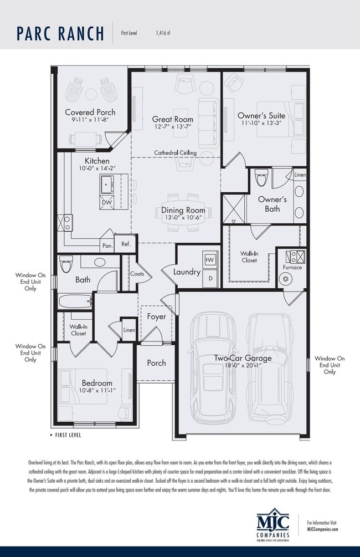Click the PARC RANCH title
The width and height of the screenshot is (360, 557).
point(60,33)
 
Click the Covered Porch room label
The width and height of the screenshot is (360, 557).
point(90,112)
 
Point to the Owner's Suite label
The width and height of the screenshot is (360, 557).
point(261,115)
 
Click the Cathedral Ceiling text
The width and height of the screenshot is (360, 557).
point(175,152)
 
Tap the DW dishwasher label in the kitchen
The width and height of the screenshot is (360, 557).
point(107,203)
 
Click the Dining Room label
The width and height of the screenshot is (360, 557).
point(183,210)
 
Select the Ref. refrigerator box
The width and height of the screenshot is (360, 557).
point(126,244)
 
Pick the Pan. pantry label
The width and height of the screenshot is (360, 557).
point(107,245)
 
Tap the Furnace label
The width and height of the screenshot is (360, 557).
point(292,267)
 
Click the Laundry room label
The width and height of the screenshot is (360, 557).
point(187,272)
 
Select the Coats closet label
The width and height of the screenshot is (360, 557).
point(137,273)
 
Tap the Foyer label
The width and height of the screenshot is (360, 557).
point(156,317)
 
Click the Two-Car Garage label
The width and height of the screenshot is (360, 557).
point(243,358)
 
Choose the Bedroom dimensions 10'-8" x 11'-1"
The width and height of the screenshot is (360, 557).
point(97,391)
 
